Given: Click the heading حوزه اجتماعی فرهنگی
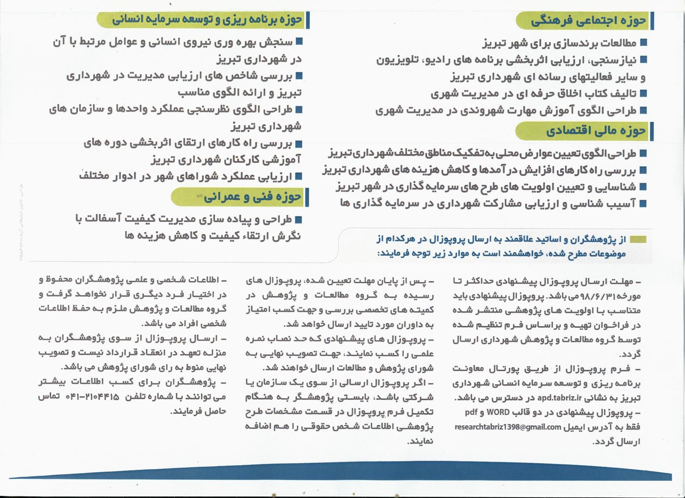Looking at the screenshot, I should (x=588, y=21).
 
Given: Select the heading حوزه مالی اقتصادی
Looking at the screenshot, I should (x=596, y=131).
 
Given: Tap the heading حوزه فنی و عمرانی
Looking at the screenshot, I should (x=252, y=196).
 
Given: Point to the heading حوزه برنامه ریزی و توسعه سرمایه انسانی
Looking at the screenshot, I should (x=207, y=20).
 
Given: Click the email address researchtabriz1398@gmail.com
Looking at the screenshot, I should (x=508, y=427).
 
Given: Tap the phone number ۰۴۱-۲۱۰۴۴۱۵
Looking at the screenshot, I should (x=93, y=396).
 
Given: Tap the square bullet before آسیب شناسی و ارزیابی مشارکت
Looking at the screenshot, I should (x=643, y=203).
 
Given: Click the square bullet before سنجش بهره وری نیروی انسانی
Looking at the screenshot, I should (x=299, y=41).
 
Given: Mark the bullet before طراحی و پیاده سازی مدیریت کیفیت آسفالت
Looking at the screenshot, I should (x=299, y=219).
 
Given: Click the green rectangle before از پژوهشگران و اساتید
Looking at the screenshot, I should (x=638, y=239).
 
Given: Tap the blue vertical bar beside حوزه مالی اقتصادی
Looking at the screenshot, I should (x=652, y=131).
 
